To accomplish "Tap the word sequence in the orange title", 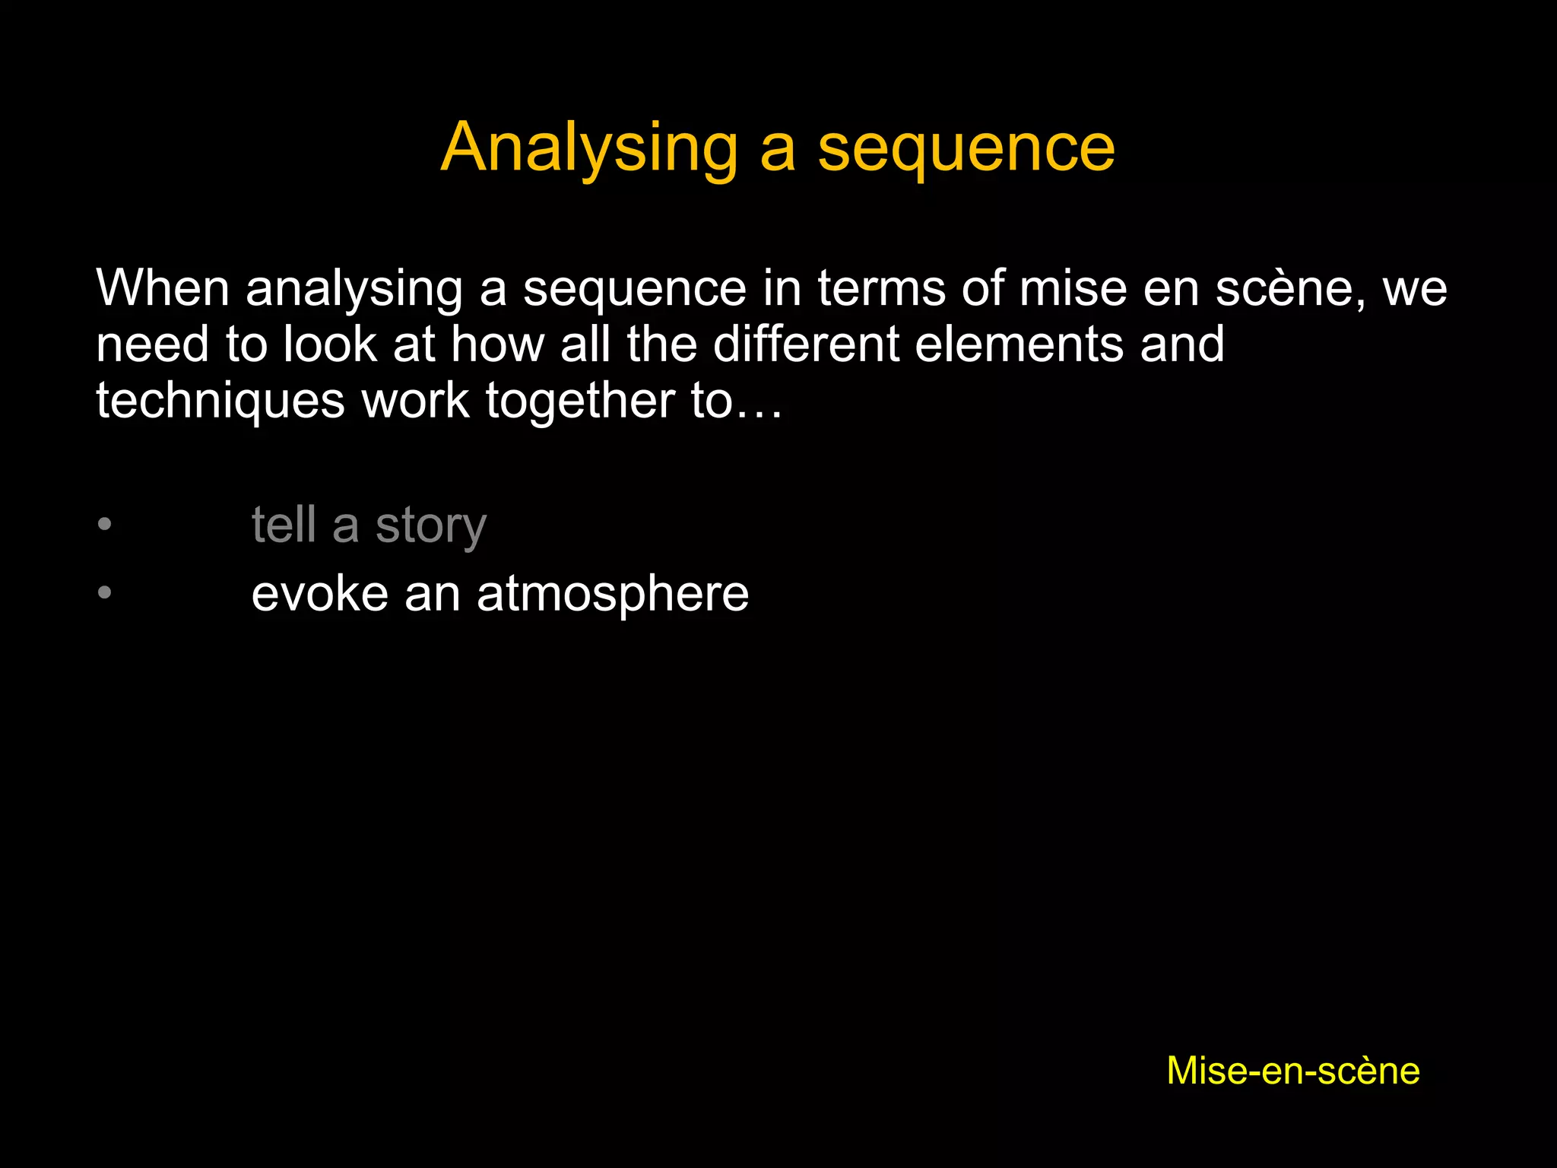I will (x=966, y=149).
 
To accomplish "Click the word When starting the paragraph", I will (x=163, y=289).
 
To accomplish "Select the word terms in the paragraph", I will (x=881, y=289).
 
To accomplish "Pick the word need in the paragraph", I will (x=152, y=344).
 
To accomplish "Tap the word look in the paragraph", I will (x=330, y=344).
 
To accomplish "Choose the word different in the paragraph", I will (x=806, y=344).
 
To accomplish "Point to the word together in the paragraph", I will (x=579, y=401).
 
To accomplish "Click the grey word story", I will (x=431, y=526).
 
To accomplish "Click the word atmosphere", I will (x=613, y=595).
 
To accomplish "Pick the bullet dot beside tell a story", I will (x=105, y=524).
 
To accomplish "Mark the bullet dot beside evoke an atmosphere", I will (x=105, y=592).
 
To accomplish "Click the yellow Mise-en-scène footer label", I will (x=1293, y=1071).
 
